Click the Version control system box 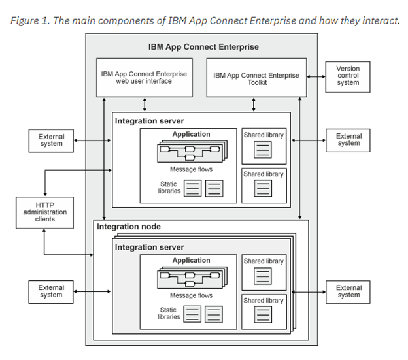[x=348, y=75]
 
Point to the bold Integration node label [x=129, y=227]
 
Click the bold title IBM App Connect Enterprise [x=203, y=47]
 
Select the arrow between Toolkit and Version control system [x=315, y=76]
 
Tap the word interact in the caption [x=377, y=20]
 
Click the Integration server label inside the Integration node [x=149, y=248]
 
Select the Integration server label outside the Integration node [x=149, y=121]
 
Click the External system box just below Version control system [x=348, y=140]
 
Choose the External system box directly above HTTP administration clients [x=50, y=140]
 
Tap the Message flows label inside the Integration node [x=191, y=296]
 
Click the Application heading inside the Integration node [x=191, y=261]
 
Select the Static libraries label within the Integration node [x=168, y=313]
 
